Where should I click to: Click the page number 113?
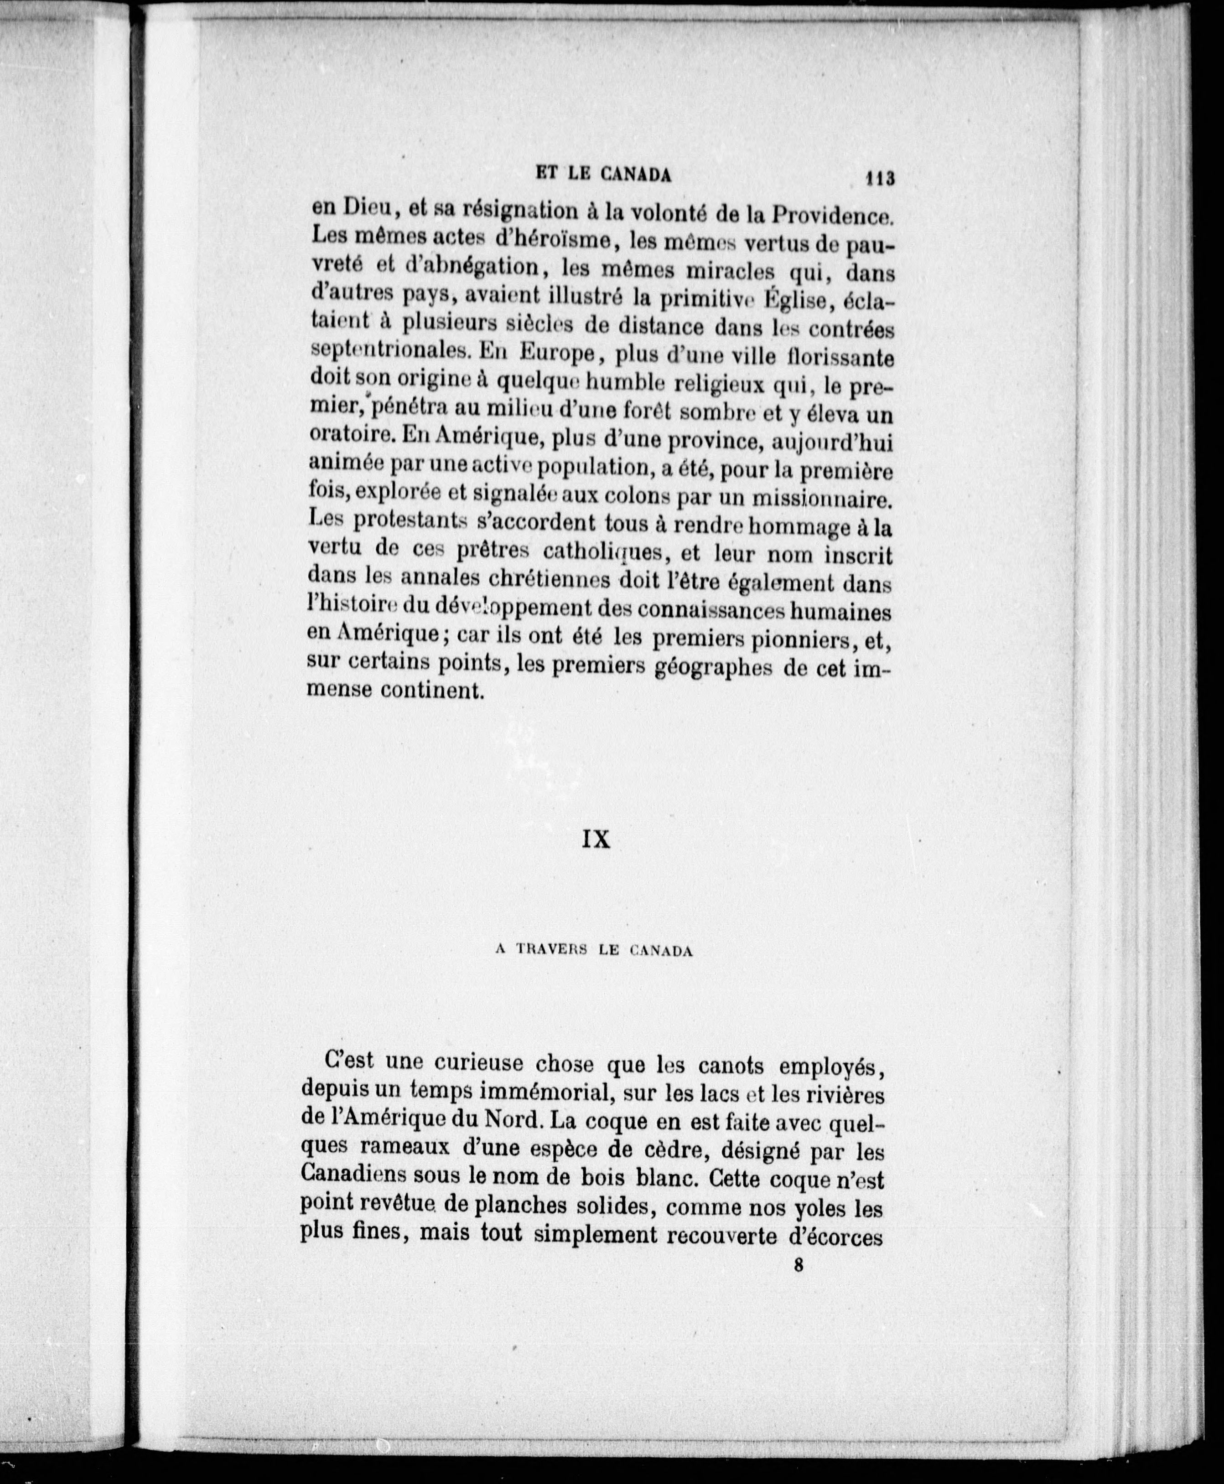(x=881, y=178)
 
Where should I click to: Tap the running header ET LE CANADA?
(x=603, y=174)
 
